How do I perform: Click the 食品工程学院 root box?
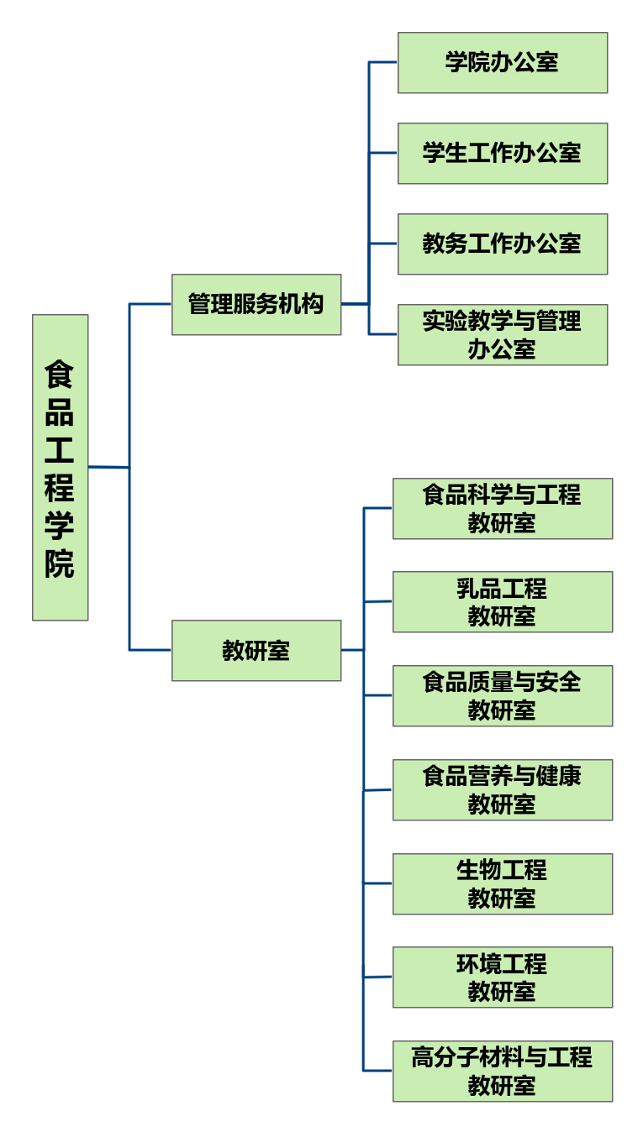tap(60, 467)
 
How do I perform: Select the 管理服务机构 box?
tap(256, 304)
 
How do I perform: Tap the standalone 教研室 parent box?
tap(256, 650)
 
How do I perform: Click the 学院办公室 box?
tap(502, 62)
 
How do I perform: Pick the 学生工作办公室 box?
tap(502, 153)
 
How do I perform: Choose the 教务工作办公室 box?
tap(502, 244)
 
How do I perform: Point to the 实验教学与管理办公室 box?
tap(502, 334)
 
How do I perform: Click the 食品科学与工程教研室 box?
tap(502, 508)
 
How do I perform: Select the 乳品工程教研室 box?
tap(502, 601)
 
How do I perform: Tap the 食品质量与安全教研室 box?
tap(502, 695)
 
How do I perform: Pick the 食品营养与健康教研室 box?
tap(502, 789)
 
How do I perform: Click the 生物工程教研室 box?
tap(502, 883)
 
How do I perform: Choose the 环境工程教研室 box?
tap(502, 977)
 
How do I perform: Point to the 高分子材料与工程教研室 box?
tap(502, 1071)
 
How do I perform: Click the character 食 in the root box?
tap(60, 373)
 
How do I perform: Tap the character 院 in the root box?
tap(60, 563)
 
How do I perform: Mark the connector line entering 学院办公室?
tap(382, 62)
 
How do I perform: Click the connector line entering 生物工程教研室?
tap(378, 883)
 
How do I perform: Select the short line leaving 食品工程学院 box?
tap(108, 467)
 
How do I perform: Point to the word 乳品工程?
tap(502, 588)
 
